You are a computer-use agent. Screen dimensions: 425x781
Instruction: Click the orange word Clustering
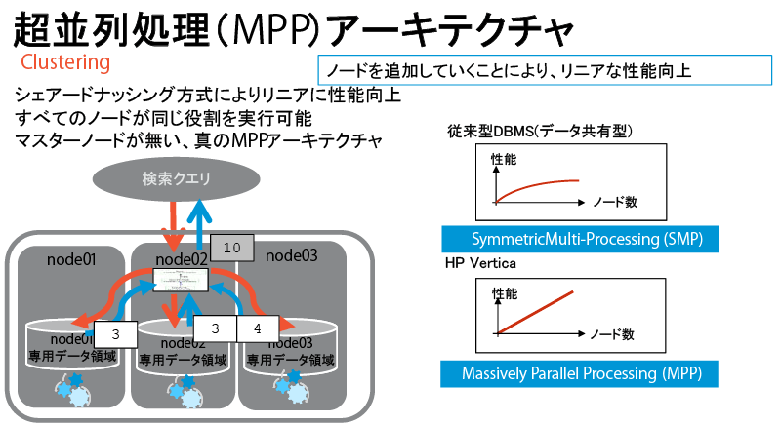(x=65, y=63)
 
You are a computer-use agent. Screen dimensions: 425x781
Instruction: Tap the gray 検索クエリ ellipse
(x=177, y=178)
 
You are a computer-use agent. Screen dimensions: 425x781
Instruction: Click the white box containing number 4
(x=257, y=329)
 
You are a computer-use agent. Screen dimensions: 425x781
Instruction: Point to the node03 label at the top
(x=293, y=255)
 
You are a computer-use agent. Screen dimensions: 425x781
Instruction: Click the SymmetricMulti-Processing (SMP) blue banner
(x=572, y=239)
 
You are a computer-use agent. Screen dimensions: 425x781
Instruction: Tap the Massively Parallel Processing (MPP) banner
(x=572, y=372)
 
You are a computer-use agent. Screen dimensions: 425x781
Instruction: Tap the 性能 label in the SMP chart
(x=505, y=158)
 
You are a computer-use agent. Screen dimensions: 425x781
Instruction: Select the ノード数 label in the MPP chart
(x=614, y=334)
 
